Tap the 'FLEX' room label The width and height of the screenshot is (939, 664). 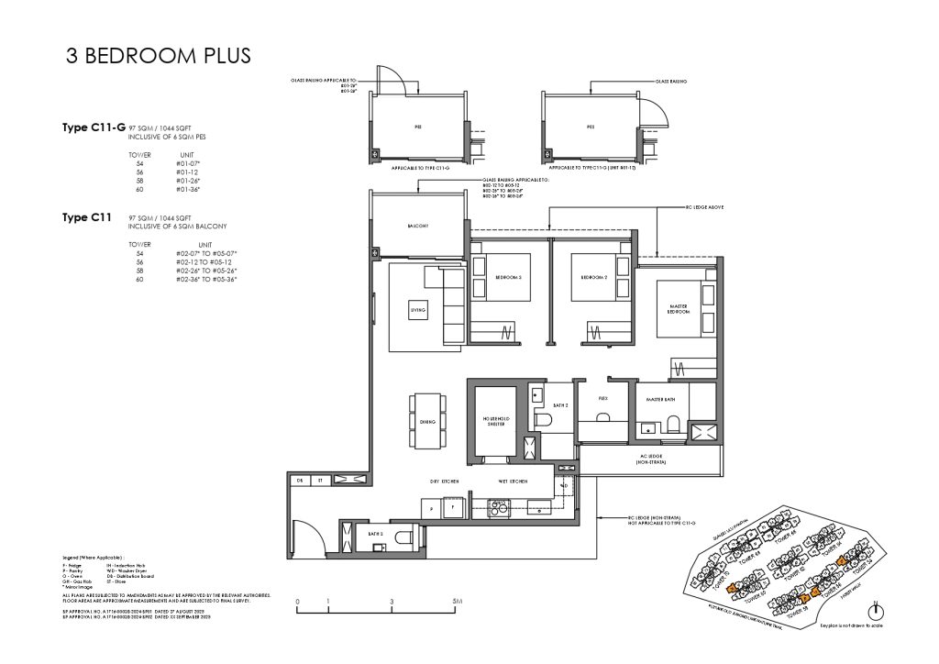602,400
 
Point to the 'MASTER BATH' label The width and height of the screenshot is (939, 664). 660,400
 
